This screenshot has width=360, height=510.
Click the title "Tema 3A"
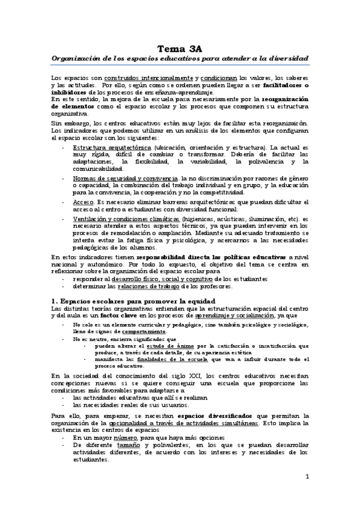180,49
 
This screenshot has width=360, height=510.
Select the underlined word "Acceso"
82,203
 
